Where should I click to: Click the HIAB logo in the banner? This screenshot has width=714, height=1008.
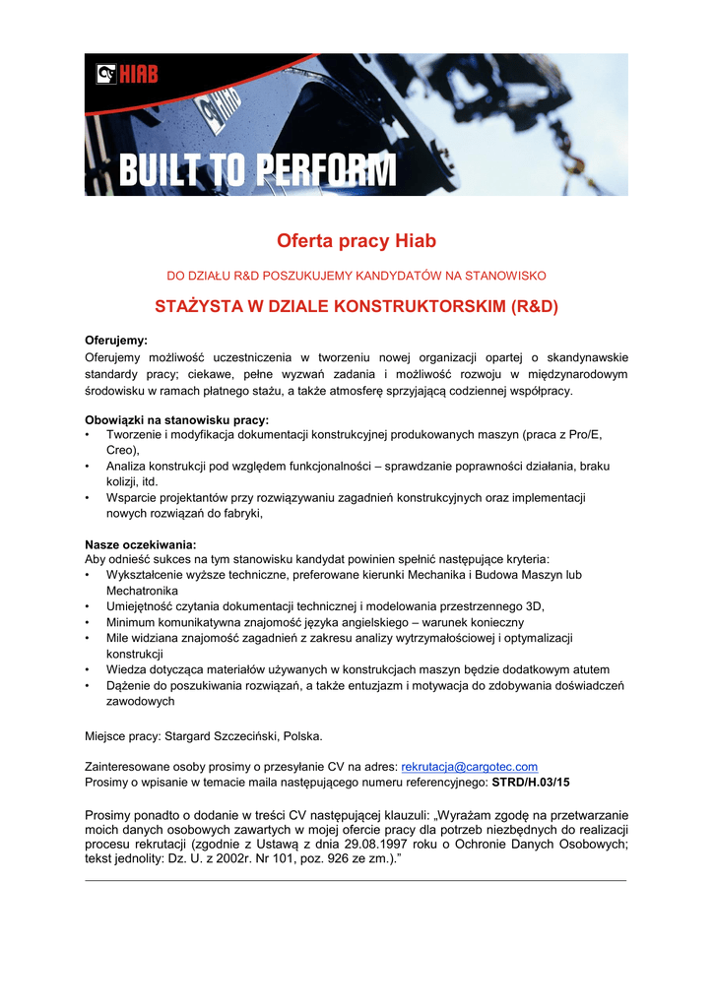pos(127,73)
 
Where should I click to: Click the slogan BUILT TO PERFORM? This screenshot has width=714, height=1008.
pos(258,172)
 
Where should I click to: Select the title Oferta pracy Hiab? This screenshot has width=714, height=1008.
pos(357,241)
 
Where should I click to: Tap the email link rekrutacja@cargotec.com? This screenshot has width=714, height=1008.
pos(469,767)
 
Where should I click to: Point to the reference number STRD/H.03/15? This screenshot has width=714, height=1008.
pos(531,782)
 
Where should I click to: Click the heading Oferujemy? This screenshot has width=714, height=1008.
pos(116,340)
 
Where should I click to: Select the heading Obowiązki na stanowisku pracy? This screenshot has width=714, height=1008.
pos(176,418)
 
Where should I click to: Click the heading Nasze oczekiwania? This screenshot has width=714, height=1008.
pos(141,543)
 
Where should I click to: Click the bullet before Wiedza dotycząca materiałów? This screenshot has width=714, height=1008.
pos(89,669)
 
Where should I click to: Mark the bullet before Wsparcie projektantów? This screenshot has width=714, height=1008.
pos(89,498)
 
